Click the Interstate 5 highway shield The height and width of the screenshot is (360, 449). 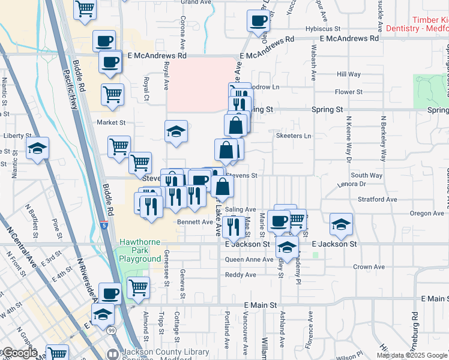(x=106, y=226)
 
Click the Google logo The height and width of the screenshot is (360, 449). (x=19, y=353)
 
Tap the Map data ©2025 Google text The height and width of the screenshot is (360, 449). (x=412, y=355)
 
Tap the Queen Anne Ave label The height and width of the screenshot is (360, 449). (x=249, y=260)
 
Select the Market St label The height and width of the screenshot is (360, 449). (x=111, y=122)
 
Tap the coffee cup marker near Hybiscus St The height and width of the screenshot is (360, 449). (x=259, y=21)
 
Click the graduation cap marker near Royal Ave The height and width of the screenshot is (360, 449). (x=176, y=132)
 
